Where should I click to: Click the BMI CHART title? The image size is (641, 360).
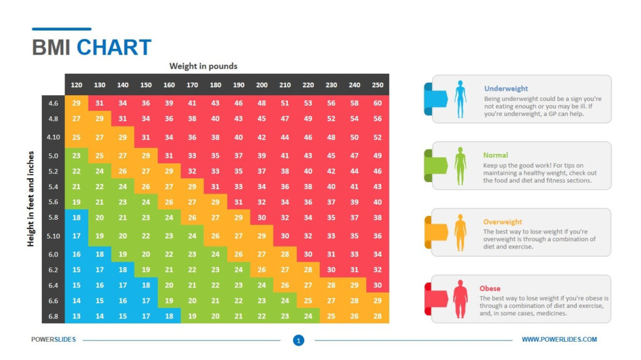(92, 48)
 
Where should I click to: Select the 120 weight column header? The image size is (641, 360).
(76, 85)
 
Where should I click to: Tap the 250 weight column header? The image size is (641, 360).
(377, 85)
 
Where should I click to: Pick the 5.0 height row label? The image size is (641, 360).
(53, 156)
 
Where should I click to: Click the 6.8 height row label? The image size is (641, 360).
(53, 317)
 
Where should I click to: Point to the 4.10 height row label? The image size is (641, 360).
(53, 137)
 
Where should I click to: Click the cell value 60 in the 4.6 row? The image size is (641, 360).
(377, 103)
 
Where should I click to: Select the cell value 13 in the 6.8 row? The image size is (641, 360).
(76, 317)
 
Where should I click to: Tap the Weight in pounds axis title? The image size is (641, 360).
(203, 66)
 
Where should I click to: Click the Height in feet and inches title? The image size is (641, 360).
(31, 198)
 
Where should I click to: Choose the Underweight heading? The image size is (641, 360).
(506, 89)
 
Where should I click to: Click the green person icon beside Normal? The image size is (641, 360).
(460, 166)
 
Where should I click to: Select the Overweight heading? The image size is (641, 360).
(503, 222)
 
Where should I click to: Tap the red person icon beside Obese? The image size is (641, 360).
(460, 299)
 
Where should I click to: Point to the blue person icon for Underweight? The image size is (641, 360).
(460, 99)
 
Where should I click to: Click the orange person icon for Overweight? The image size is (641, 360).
(460, 233)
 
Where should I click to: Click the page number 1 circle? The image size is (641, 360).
(299, 340)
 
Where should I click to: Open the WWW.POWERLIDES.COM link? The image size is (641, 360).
(559, 339)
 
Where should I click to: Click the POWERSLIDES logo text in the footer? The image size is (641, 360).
(53, 339)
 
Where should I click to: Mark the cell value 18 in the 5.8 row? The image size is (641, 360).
(76, 217)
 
